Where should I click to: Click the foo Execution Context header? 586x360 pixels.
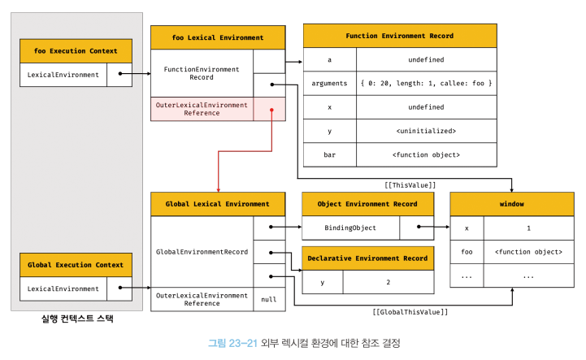coord(76,51)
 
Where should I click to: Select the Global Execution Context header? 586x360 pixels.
coord(76,265)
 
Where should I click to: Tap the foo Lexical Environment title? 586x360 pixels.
coord(218,37)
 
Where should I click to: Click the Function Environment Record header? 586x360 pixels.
coord(400,36)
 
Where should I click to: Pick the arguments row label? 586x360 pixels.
coord(330,84)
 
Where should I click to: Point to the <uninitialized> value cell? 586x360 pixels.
coord(427,131)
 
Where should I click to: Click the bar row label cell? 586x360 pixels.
coord(330,154)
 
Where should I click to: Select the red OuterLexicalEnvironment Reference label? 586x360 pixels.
coord(202,109)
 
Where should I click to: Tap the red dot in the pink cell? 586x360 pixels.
coord(271,110)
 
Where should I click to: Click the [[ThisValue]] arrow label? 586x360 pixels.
coord(410,185)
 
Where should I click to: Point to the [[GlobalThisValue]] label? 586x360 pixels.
coord(410,312)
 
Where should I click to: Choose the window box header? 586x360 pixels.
coord(512,204)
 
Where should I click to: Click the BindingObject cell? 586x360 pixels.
coord(350,228)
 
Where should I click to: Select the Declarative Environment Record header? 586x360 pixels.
coord(367,258)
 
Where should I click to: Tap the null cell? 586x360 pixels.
coord(269,299)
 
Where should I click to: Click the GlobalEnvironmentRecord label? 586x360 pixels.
coord(202,252)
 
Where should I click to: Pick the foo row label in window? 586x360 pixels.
coord(467,252)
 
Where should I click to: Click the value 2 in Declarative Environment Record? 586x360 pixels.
coord(388,282)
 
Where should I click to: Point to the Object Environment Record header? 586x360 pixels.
coord(367,204)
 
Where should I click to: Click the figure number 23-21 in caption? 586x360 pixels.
coord(243,343)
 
